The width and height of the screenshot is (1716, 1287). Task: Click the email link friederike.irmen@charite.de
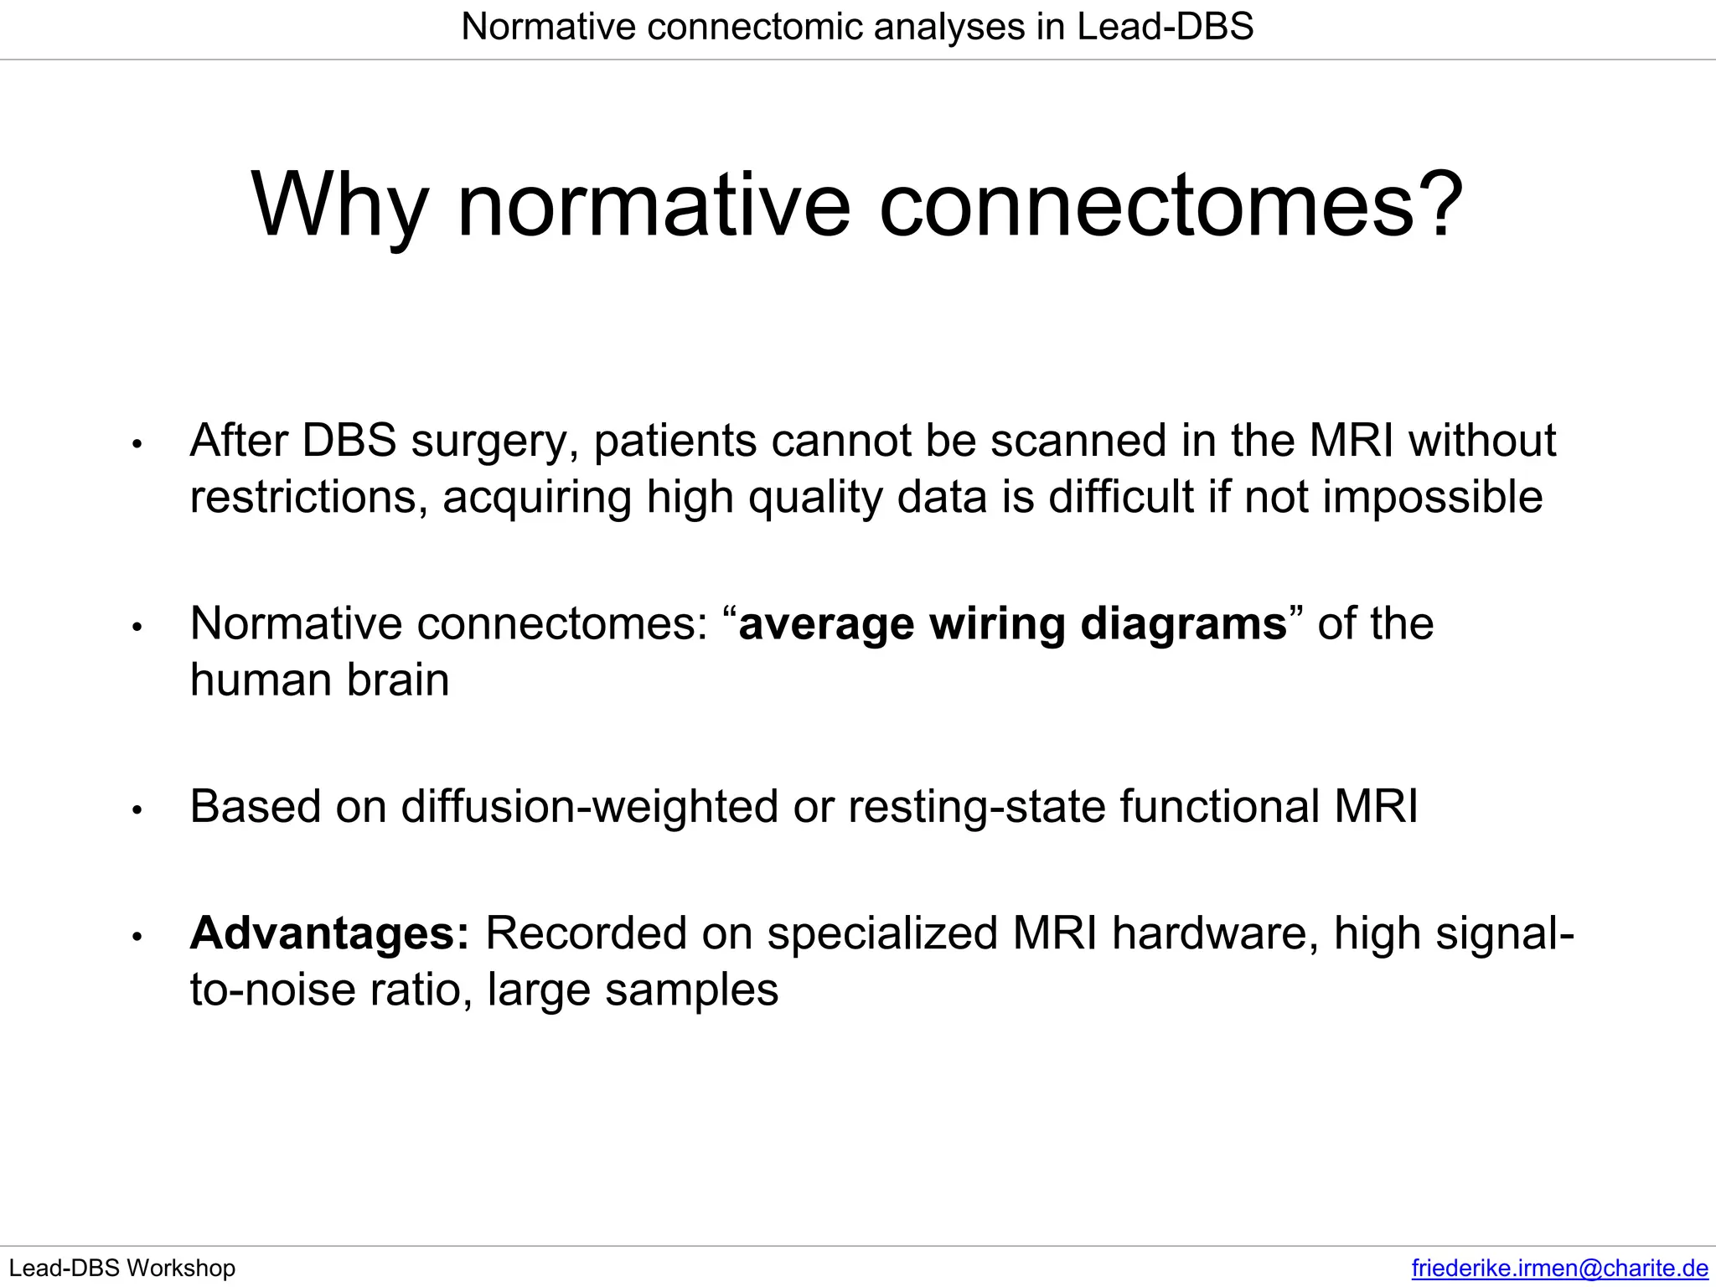click(1559, 1268)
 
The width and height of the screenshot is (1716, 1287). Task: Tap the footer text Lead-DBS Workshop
click(122, 1268)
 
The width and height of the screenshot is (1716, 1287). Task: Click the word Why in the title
click(339, 206)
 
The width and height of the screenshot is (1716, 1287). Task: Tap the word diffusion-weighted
click(590, 806)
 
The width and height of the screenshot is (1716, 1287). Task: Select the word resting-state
click(976, 806)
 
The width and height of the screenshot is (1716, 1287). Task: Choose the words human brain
click(319, 680)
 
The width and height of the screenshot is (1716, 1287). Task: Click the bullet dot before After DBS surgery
click(138, 444)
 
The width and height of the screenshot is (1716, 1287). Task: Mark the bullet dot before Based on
click(138, 809)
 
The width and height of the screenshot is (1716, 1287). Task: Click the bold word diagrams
click(1183, 623)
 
